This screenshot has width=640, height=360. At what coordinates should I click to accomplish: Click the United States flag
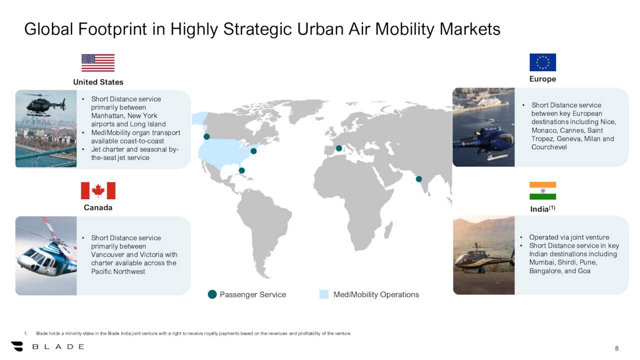[98, 63]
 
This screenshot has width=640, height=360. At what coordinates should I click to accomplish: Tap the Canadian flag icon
[98, 190]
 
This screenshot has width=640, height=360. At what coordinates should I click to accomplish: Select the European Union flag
[542, 62]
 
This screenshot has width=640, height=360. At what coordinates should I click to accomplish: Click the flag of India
[542, 190]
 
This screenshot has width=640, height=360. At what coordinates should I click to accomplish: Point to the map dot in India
[419, 179]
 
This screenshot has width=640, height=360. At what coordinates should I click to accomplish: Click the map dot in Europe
[338, 148]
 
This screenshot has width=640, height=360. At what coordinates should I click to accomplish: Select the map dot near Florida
[242, 170]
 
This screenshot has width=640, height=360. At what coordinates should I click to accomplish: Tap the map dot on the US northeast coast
[253, 151]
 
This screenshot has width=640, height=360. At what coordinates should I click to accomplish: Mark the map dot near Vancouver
[206, 136]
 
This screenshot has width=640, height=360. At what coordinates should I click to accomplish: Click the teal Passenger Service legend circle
[212, 294]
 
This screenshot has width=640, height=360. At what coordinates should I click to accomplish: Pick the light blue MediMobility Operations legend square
[324, 294]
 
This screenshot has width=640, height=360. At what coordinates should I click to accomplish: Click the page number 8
[616, 348]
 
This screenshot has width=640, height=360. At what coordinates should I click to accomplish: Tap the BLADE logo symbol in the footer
[17, 346]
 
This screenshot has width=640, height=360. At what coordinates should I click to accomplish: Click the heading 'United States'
[98, 82]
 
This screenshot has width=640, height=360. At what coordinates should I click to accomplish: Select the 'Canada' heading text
[98, 207]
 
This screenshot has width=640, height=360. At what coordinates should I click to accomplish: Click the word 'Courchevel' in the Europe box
[549, 147]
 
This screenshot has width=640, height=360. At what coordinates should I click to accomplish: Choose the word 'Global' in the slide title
[50, 29]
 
